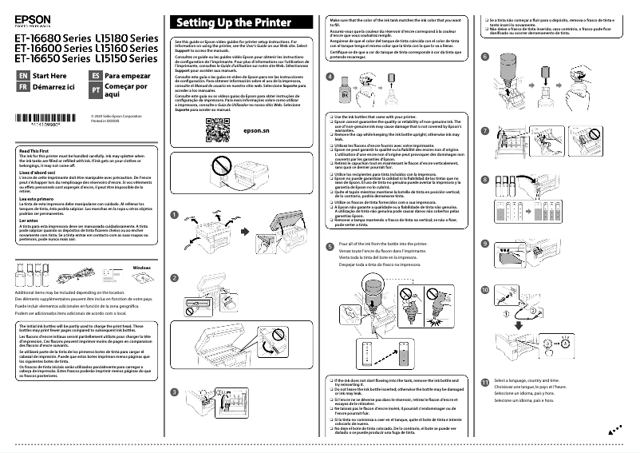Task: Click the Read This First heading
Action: [35, 151]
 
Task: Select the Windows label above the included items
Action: [141, 266]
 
